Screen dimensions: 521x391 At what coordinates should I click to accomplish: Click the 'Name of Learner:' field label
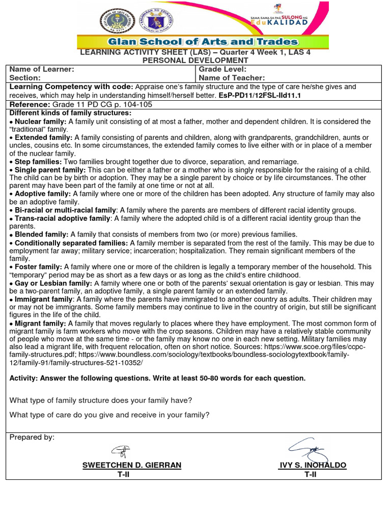[x=42, y=69]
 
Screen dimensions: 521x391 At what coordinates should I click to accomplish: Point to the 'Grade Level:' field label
[x=222, y=69]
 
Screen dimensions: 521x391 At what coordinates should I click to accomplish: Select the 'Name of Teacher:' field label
[x=232, y=78]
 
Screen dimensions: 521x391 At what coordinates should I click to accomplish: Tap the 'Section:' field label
[x=25, y=78]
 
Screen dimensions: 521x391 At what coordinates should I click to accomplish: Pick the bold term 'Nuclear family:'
[x=41, y=122]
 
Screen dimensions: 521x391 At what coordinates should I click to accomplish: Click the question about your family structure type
[x=101, y=400]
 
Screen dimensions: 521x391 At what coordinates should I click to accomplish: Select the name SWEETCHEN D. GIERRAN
[x=132, y=466]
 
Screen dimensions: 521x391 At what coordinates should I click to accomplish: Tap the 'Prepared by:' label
[x=32, y=438]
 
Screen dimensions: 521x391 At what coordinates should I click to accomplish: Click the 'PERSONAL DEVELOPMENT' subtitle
[x=195, y=61]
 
